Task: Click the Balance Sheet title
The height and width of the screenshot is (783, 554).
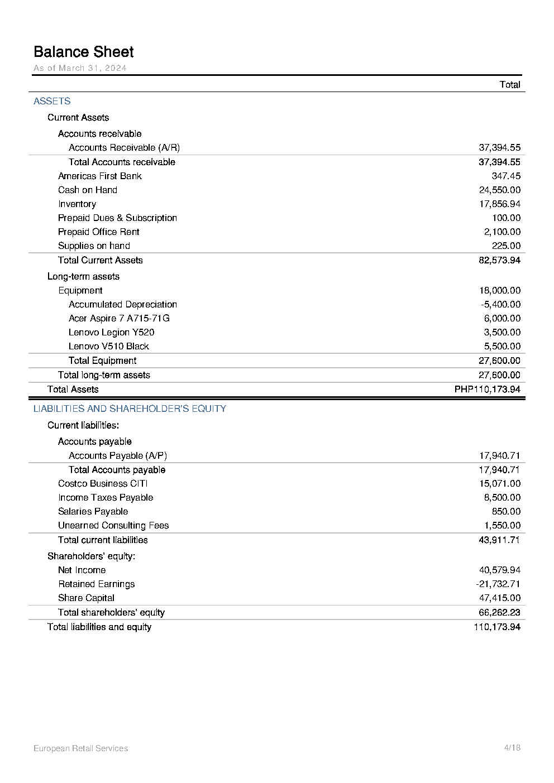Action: (84, 52)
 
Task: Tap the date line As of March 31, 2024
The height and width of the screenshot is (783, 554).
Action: (80, 68)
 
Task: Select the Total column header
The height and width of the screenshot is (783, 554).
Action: (510, 85)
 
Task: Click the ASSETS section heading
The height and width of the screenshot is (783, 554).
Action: (52, 101)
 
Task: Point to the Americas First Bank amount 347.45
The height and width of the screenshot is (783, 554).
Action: (506, 176)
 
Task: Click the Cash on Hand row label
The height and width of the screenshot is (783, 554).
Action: (88, 190)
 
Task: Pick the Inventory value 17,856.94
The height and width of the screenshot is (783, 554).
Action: (499, 204)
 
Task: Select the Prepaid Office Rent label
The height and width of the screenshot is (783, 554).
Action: (99, 232)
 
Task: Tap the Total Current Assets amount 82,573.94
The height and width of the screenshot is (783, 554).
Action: (499, 260)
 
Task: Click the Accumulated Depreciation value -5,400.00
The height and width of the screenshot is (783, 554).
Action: (500, 304)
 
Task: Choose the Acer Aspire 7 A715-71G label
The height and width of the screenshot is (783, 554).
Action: (119, 318)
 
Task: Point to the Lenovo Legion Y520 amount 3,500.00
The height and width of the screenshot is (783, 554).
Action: (502, 332)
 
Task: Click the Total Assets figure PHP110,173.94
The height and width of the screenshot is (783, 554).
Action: (488, 390)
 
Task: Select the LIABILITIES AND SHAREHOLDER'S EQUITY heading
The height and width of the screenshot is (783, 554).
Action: (130, 409)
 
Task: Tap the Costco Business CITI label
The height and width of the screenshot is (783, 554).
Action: (103, 483)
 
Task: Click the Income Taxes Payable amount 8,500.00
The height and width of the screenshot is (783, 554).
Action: (502, 497)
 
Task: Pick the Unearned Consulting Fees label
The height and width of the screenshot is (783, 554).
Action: (113, 525)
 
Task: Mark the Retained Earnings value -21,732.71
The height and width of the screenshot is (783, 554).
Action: (498, 584)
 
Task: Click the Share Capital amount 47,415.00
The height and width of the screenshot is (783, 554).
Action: (499, 598)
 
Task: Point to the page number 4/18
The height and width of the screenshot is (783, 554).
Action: (512, 748)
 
